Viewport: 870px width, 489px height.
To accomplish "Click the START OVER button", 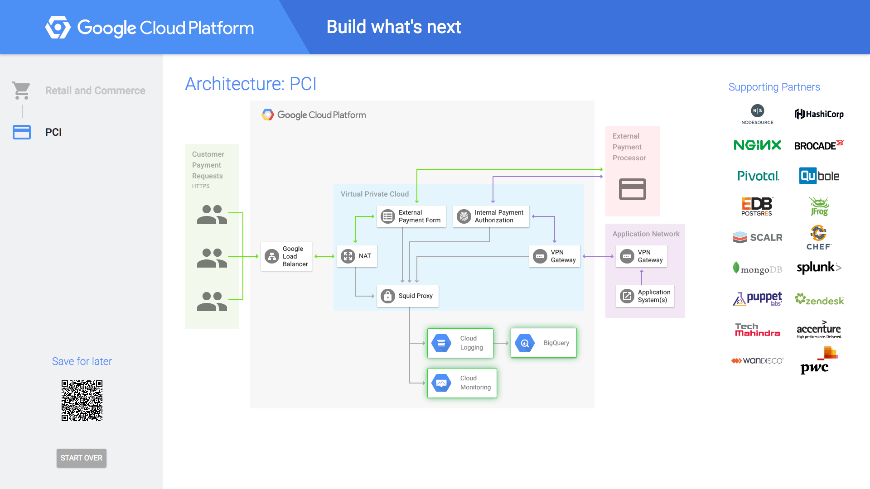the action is point(82,458).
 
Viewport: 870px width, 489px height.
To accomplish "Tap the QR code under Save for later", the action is point(82,401).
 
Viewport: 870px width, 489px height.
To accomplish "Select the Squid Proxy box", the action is point(408,296).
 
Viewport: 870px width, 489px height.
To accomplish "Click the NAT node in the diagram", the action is point(357,256).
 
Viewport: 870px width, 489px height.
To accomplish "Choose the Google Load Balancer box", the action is point(286,256).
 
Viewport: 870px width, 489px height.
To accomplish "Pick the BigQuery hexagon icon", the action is point(525,343).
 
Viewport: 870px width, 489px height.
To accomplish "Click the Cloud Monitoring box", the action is point(462,383).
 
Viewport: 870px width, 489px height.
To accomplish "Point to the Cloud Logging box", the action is point(460,343).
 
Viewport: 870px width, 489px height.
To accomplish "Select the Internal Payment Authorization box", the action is point(491,216).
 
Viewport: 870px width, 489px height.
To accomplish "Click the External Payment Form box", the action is point(411,216).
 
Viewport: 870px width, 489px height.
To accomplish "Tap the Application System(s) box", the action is point(645,296).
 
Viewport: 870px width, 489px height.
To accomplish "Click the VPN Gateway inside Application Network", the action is point(642,256).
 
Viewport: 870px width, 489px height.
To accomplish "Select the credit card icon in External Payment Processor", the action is point(633,189).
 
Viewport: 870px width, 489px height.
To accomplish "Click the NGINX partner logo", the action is point(758,145).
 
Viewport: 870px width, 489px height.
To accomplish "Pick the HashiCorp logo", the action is point(819,114).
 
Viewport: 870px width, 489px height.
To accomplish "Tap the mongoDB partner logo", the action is point(758,268).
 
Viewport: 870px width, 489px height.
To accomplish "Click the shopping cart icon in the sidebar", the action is point(21,91).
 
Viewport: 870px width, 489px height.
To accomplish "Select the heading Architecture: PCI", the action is point(251,84).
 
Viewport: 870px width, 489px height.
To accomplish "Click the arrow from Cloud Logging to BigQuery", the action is point(501,343).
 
